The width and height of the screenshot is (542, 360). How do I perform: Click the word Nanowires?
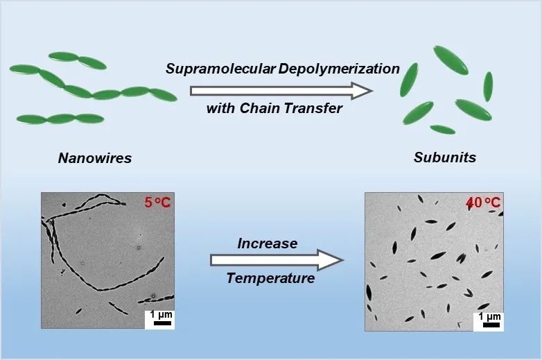[94, 158]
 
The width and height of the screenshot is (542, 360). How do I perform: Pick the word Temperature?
[270, 279]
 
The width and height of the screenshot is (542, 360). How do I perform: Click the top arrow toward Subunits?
[281, 90]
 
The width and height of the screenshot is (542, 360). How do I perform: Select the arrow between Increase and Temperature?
[276, 260]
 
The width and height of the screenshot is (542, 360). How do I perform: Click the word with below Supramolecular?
[221, 108]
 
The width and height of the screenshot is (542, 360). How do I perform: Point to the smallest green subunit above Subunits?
[442, 129]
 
